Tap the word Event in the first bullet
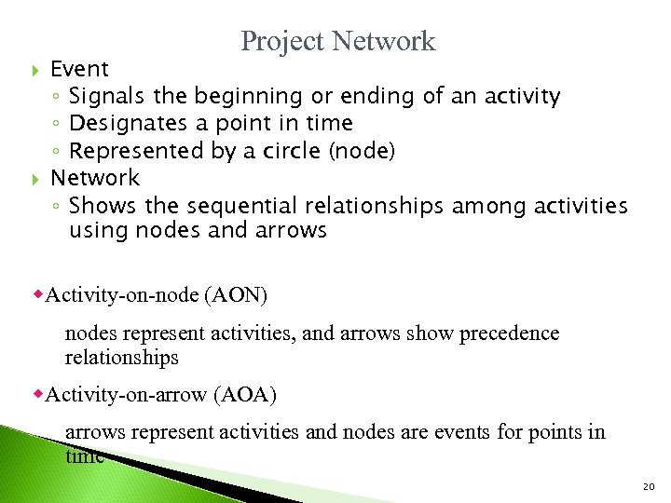click(x=79, y=69)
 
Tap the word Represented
click(x=130, y=151)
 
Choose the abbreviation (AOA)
click(x=245, y=394)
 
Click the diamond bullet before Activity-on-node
click(x=39, y=294)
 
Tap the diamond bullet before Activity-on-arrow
click(x=39, y=393)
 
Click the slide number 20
click(x=649, y=487)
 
